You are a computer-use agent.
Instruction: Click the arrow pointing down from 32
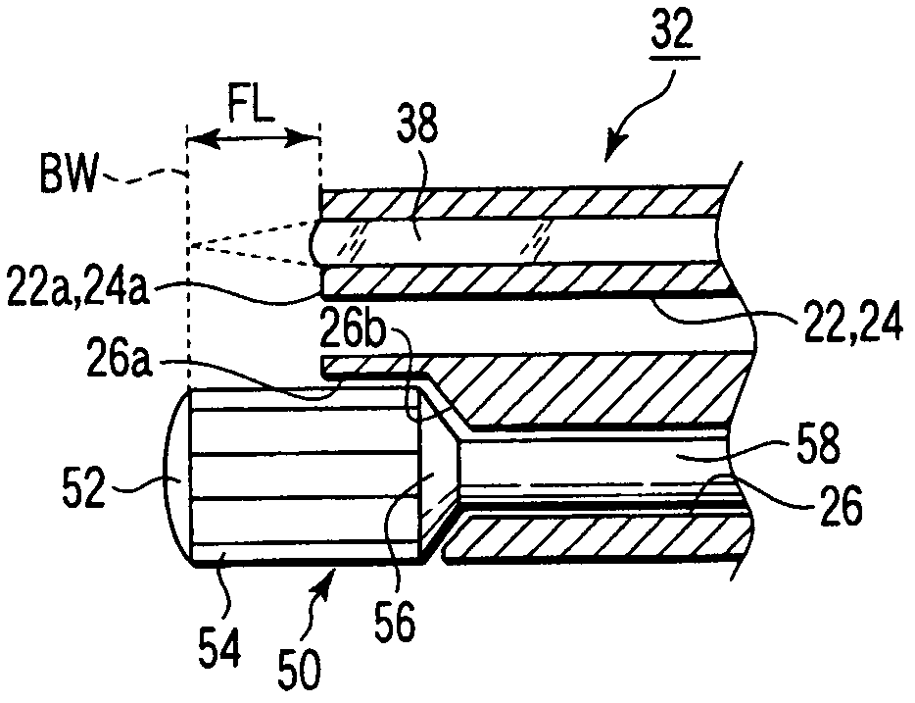pos(627,132)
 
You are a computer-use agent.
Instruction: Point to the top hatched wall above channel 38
pos(519,202)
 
